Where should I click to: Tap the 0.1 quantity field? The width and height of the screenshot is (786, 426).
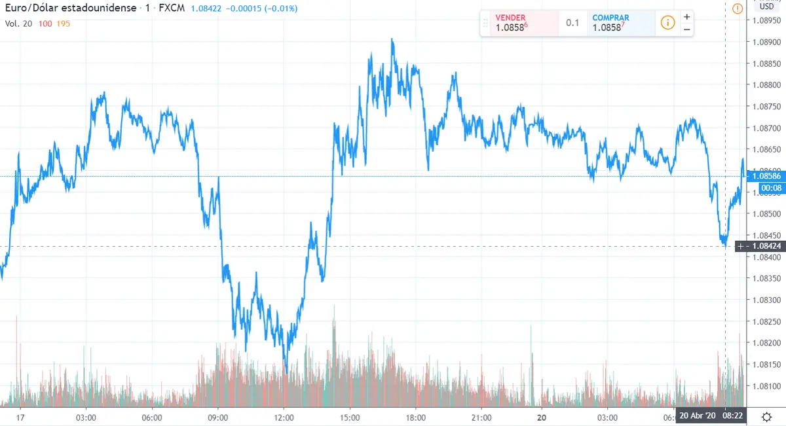coord(572,23)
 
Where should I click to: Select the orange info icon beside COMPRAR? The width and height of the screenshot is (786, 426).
coord(667,23)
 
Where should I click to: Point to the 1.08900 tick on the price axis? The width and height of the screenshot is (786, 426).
coord(766,42)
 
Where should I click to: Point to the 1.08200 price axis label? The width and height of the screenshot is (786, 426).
coord(766,343)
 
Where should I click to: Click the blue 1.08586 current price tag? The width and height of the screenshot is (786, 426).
coord(766,176)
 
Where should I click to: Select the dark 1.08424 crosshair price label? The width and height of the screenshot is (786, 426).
coord(766,247)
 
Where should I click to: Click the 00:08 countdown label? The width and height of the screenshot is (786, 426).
coord(770,188)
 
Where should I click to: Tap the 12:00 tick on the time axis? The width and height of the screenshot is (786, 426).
coord(284,417)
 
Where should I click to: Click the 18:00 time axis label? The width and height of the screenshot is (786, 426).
coord(416,417)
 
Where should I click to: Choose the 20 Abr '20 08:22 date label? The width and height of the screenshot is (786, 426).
coord(711,416)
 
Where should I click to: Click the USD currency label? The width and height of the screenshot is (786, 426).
coord(766,7)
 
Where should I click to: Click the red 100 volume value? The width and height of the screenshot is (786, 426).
coord(45,24)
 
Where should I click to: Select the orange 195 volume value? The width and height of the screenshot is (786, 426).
coord(63,24)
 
